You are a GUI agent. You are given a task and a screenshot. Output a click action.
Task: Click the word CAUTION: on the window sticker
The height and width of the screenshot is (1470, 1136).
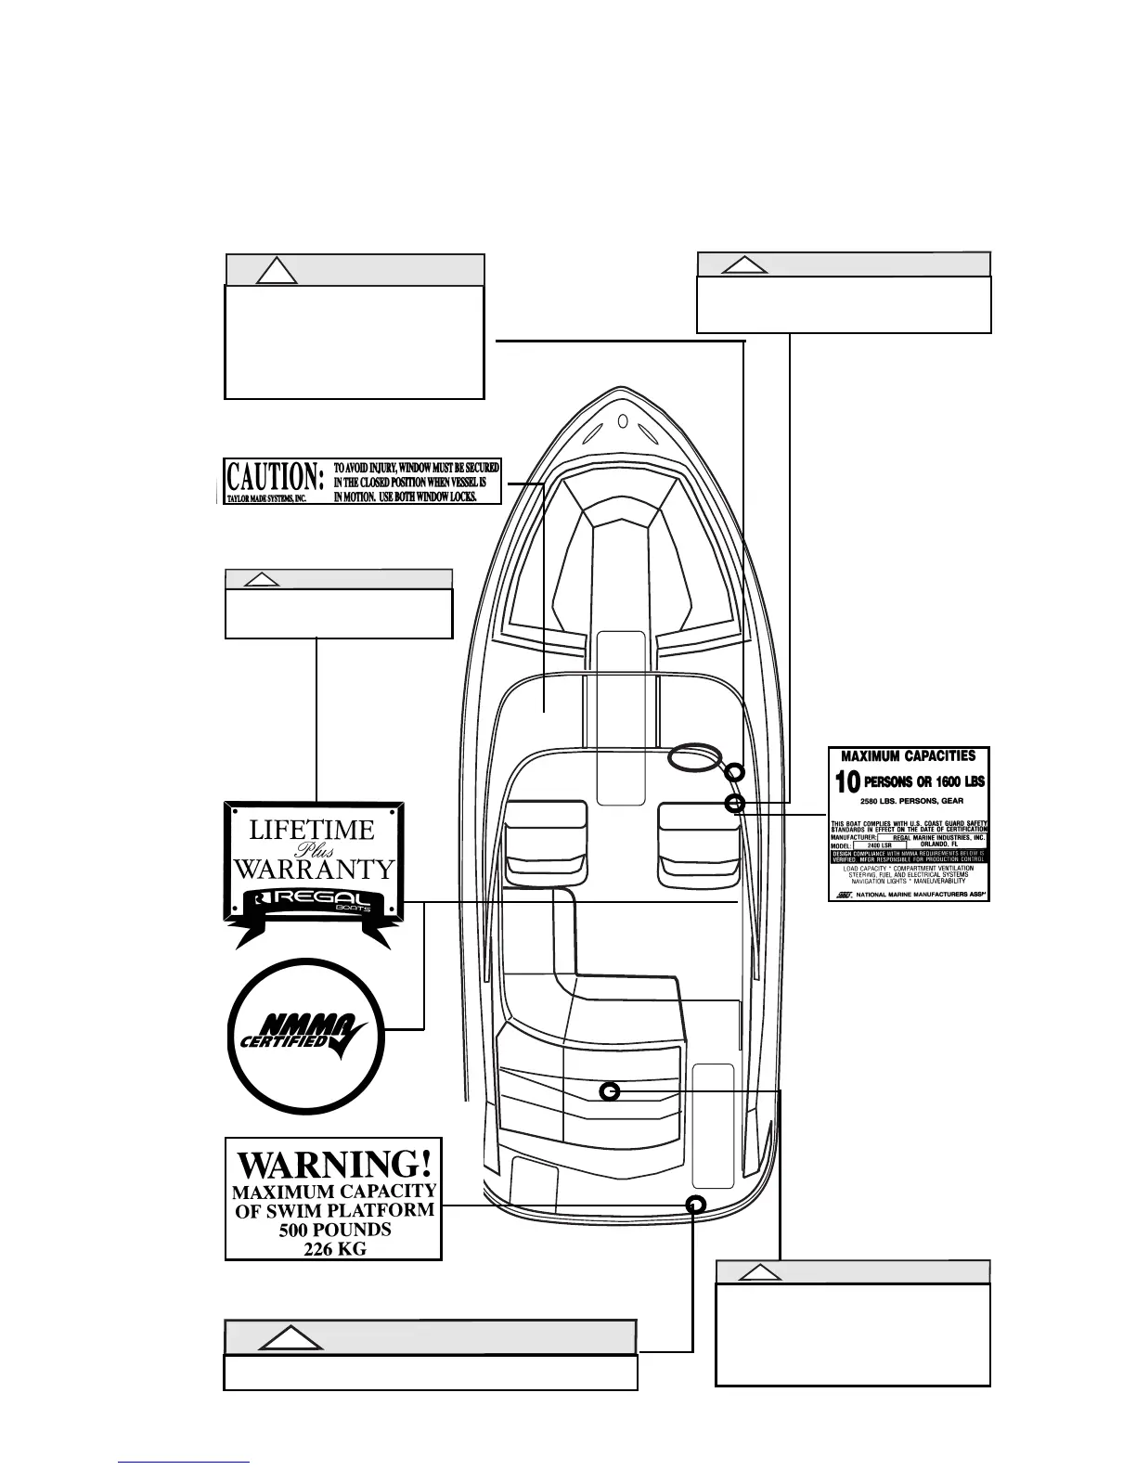click(x=276, y=477)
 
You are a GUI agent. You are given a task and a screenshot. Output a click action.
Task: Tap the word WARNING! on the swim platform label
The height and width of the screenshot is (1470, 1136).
click(x=334, y=1164)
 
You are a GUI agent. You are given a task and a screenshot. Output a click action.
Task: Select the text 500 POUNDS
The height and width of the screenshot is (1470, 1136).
click(x=334, y=1230)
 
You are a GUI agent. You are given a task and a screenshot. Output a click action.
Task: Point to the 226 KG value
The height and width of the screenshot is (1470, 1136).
click(x=334, y=1249)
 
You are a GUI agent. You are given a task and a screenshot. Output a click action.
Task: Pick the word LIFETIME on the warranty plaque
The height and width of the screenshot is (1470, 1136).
click(x=312, y=830)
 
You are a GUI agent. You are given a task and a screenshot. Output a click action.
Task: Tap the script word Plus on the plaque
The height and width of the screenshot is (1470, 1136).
click(x=313, y=850)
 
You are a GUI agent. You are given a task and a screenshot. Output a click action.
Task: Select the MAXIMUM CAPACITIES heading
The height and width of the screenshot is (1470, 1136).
click(x=908, y=756)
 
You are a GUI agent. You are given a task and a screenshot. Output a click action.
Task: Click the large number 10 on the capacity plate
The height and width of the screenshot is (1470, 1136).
click(x=847, y=782)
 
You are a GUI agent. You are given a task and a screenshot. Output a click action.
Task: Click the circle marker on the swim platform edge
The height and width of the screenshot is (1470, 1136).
click(x=695, y=1204)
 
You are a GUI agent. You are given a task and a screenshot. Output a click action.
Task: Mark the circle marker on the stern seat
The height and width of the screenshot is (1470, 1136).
click(x=609, y=1091)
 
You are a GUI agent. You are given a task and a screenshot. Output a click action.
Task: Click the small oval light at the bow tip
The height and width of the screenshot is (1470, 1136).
click(x=623, y=424)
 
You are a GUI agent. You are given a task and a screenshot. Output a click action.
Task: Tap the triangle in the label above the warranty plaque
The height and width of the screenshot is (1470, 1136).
click(x=262, y=579)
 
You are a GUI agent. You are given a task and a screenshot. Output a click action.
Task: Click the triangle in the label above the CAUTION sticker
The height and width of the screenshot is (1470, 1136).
click(x=276, y=270)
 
